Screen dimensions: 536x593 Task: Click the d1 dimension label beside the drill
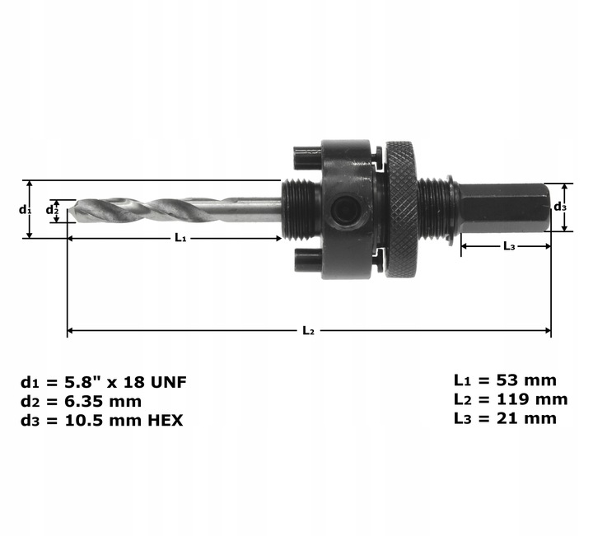(25, 209)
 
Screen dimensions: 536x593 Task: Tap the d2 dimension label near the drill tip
(51, 210)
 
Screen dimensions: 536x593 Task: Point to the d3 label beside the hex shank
(559, 207)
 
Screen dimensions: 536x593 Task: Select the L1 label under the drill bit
(180, 238)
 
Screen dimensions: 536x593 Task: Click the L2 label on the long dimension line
(308, 331)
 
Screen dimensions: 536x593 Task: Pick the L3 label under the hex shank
(508, 246)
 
